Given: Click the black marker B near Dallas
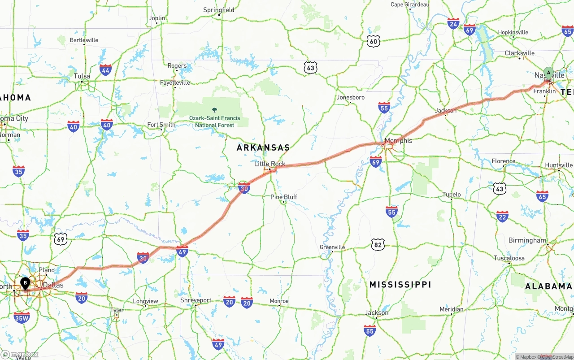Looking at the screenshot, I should coord(26,283).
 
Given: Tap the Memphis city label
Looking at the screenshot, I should coord(398,140).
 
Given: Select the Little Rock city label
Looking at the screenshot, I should coord(270,164).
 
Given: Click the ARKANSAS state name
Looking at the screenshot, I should coord(263,147).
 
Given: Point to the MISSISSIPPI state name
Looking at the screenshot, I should coord(400,284).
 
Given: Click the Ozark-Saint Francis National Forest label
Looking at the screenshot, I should coord(214,121).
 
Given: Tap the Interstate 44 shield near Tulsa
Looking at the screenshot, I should coord(106,70).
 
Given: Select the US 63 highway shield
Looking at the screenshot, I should coord(310,68).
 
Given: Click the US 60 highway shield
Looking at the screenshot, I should coord(373,42).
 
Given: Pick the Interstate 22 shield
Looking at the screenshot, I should coord(502,217).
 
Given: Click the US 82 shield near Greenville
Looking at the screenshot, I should coord(378,244).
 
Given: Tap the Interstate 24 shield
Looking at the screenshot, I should coord(453,24).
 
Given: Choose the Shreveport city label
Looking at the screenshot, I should coord(196,300).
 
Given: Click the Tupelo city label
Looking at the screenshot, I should coord(452,194).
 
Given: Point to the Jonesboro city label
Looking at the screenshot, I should coord(350,97).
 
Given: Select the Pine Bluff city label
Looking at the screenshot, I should coord(283,197).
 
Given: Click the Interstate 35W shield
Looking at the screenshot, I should coord(22,318).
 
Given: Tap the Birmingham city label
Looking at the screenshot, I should coord(527,240).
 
